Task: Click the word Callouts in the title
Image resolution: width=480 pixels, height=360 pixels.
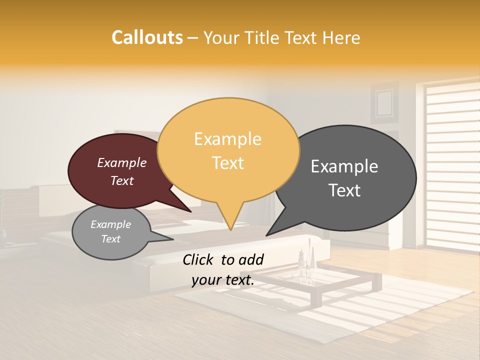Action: [147, 37]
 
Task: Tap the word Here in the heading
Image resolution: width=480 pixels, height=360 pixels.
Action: [341, 38]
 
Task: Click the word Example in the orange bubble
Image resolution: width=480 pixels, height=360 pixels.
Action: [227, 139]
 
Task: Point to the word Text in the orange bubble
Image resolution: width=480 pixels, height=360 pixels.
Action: [227, 163]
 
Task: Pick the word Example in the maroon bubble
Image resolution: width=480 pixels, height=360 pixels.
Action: [121, 162]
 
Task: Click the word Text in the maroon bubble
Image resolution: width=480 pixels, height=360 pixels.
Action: [121, 180]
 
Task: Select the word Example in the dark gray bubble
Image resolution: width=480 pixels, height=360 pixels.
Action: [344, 166]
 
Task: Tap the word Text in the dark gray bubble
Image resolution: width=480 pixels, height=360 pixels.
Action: [344, 190]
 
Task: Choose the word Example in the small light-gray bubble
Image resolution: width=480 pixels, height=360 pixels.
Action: [110, 224]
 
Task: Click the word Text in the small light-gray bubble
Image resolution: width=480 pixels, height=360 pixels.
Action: [110, 239]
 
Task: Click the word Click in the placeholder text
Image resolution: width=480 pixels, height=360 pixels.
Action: [199, 259]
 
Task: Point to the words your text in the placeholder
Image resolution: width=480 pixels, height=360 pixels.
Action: [222, 280]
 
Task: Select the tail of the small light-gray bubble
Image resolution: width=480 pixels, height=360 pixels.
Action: [167, 238]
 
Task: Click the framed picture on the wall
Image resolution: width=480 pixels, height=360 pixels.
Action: [384, 103]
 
